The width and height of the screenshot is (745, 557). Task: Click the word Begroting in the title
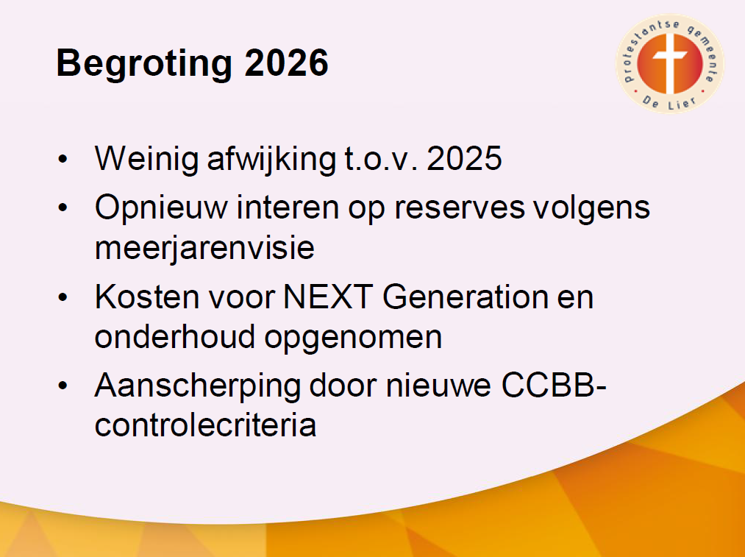144,64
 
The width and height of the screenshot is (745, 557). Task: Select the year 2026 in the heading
287,63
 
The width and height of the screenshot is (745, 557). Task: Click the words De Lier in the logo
669,102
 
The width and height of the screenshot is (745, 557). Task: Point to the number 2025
464,158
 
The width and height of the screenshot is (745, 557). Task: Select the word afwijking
272,159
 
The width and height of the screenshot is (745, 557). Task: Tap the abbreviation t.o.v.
381,159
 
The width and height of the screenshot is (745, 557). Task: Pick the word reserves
460,208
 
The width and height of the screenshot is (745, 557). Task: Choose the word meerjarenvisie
204,248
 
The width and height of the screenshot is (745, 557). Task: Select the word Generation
465,297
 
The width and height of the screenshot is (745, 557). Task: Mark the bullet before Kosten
63,297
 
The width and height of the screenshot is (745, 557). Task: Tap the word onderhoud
175,336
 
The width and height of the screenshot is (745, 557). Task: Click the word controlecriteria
205,425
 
